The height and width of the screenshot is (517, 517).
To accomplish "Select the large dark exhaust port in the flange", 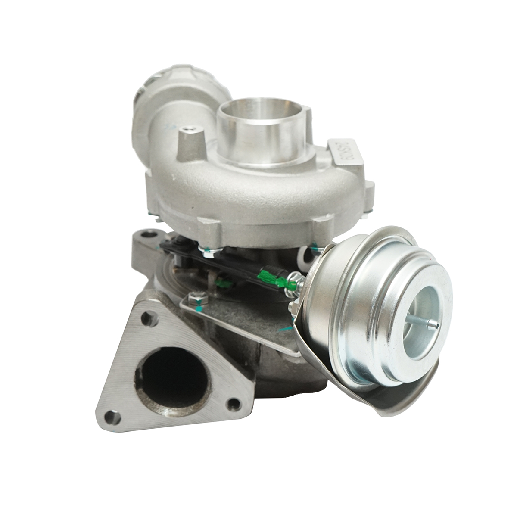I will tap(172, 379).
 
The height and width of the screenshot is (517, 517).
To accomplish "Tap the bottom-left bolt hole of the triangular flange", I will tap(113, 417).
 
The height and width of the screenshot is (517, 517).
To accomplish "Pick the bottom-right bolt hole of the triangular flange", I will tap(234, 404).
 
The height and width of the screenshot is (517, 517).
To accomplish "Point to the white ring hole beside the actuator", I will tap(307, 258).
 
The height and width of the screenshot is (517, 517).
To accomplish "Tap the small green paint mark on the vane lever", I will tap(224, 283).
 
